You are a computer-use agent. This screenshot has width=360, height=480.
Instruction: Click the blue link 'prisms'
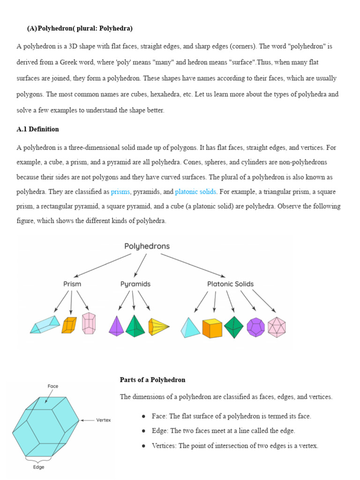tap(120, 192)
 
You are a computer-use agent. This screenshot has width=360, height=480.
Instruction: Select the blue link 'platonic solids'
tap(195, 192)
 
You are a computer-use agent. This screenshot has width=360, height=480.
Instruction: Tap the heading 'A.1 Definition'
tap(37, 129)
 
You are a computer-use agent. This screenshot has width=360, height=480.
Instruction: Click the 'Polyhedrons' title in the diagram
tap(147, 246)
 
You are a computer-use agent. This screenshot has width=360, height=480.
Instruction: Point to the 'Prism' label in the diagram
tap(72, 284)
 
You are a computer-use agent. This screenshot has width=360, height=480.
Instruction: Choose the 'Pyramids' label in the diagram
tap(135, 284)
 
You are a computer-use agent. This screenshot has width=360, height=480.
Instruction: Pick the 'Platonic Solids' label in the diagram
tap(230, 284)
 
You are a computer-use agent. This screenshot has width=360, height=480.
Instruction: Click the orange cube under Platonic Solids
tap(212, 328)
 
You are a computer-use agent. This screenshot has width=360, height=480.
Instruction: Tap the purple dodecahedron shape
tap(256, 327)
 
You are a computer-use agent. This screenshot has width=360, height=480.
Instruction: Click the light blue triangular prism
tap(45, 324)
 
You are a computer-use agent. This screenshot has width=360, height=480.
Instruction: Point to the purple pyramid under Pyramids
tap(116, 326)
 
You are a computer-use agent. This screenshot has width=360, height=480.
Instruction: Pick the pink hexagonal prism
tap(89, 323)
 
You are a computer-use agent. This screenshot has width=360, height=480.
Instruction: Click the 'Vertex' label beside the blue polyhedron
tap(103, 420)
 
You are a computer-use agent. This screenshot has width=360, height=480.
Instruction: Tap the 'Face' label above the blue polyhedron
tap(52, 386)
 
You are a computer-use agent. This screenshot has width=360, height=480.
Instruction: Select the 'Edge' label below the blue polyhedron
tap(39, 467)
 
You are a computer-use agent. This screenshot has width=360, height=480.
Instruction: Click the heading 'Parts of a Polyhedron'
tap(152, 380)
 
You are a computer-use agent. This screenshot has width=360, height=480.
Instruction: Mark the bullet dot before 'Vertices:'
tap(143, 446)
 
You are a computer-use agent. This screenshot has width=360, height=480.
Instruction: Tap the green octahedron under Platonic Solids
tap(233, 327)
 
